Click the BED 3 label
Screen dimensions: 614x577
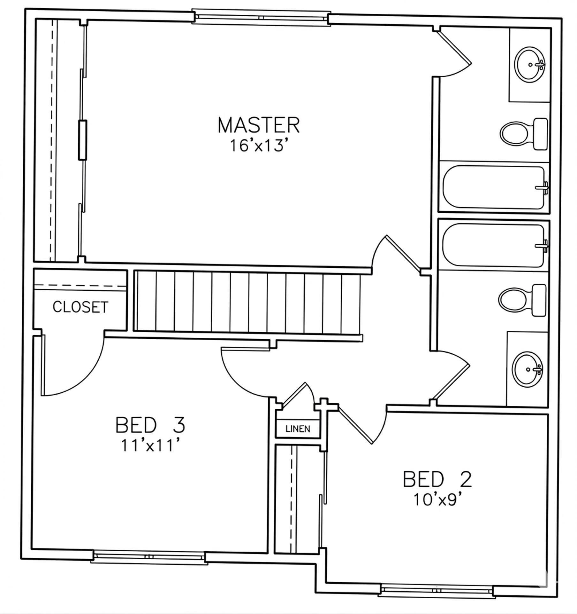150,425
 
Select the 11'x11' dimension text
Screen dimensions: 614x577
151,445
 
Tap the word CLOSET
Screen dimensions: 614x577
80,307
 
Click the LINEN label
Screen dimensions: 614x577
298,429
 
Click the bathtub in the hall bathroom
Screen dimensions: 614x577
494,245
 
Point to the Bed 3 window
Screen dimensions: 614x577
149,557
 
